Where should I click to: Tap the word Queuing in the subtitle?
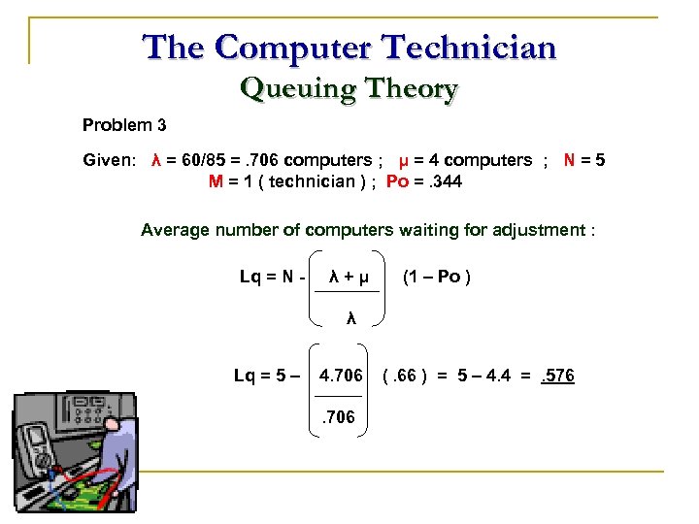286,89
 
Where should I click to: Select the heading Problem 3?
124,125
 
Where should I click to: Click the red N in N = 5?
571,160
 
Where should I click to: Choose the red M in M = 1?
216,181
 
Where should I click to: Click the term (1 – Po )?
437,278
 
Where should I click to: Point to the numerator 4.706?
341,376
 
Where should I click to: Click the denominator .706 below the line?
339,418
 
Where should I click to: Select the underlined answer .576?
557,376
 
